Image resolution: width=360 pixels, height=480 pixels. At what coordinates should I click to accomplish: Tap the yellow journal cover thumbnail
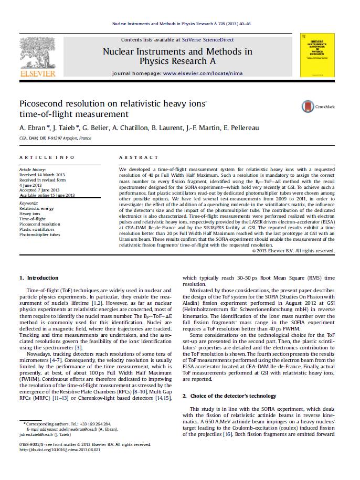(x=317, y=54)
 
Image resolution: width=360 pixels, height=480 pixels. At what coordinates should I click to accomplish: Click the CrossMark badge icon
(x=308, y=106)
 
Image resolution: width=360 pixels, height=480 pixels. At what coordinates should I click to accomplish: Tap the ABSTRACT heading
(x=139, y=157)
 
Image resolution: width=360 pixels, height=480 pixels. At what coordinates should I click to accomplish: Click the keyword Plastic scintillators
(x=37, y=229)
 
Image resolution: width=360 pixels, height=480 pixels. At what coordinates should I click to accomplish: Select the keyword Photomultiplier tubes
(x=39, y=234)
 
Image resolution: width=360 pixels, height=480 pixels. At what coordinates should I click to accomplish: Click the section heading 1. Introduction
(x=39, y=278)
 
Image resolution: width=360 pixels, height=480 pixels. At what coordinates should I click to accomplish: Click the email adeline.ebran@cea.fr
(x=78, y=429)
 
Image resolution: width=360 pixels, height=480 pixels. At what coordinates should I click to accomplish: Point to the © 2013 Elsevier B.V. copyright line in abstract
(x=292, y=251)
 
